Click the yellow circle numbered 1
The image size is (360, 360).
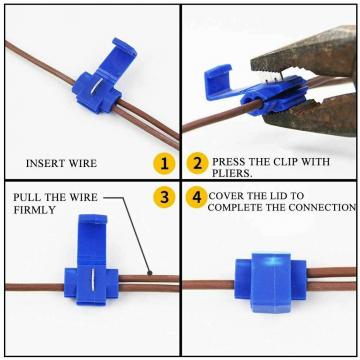coord(164,163)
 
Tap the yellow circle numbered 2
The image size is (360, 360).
coord(197,163)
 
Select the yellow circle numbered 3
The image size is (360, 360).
coord(164,197)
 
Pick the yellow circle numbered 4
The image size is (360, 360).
coord(197,197)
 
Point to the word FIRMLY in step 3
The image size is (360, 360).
coord(34,210)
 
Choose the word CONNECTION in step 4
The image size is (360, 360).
coord(322,207)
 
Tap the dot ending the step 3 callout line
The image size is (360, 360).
coord(150,273)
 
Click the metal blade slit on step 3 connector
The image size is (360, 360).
coord(92,279)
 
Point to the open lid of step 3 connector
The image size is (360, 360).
coord(92,240)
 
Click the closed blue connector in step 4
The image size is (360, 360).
coord(270,283)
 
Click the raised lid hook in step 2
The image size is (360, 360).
coord(218,81)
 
